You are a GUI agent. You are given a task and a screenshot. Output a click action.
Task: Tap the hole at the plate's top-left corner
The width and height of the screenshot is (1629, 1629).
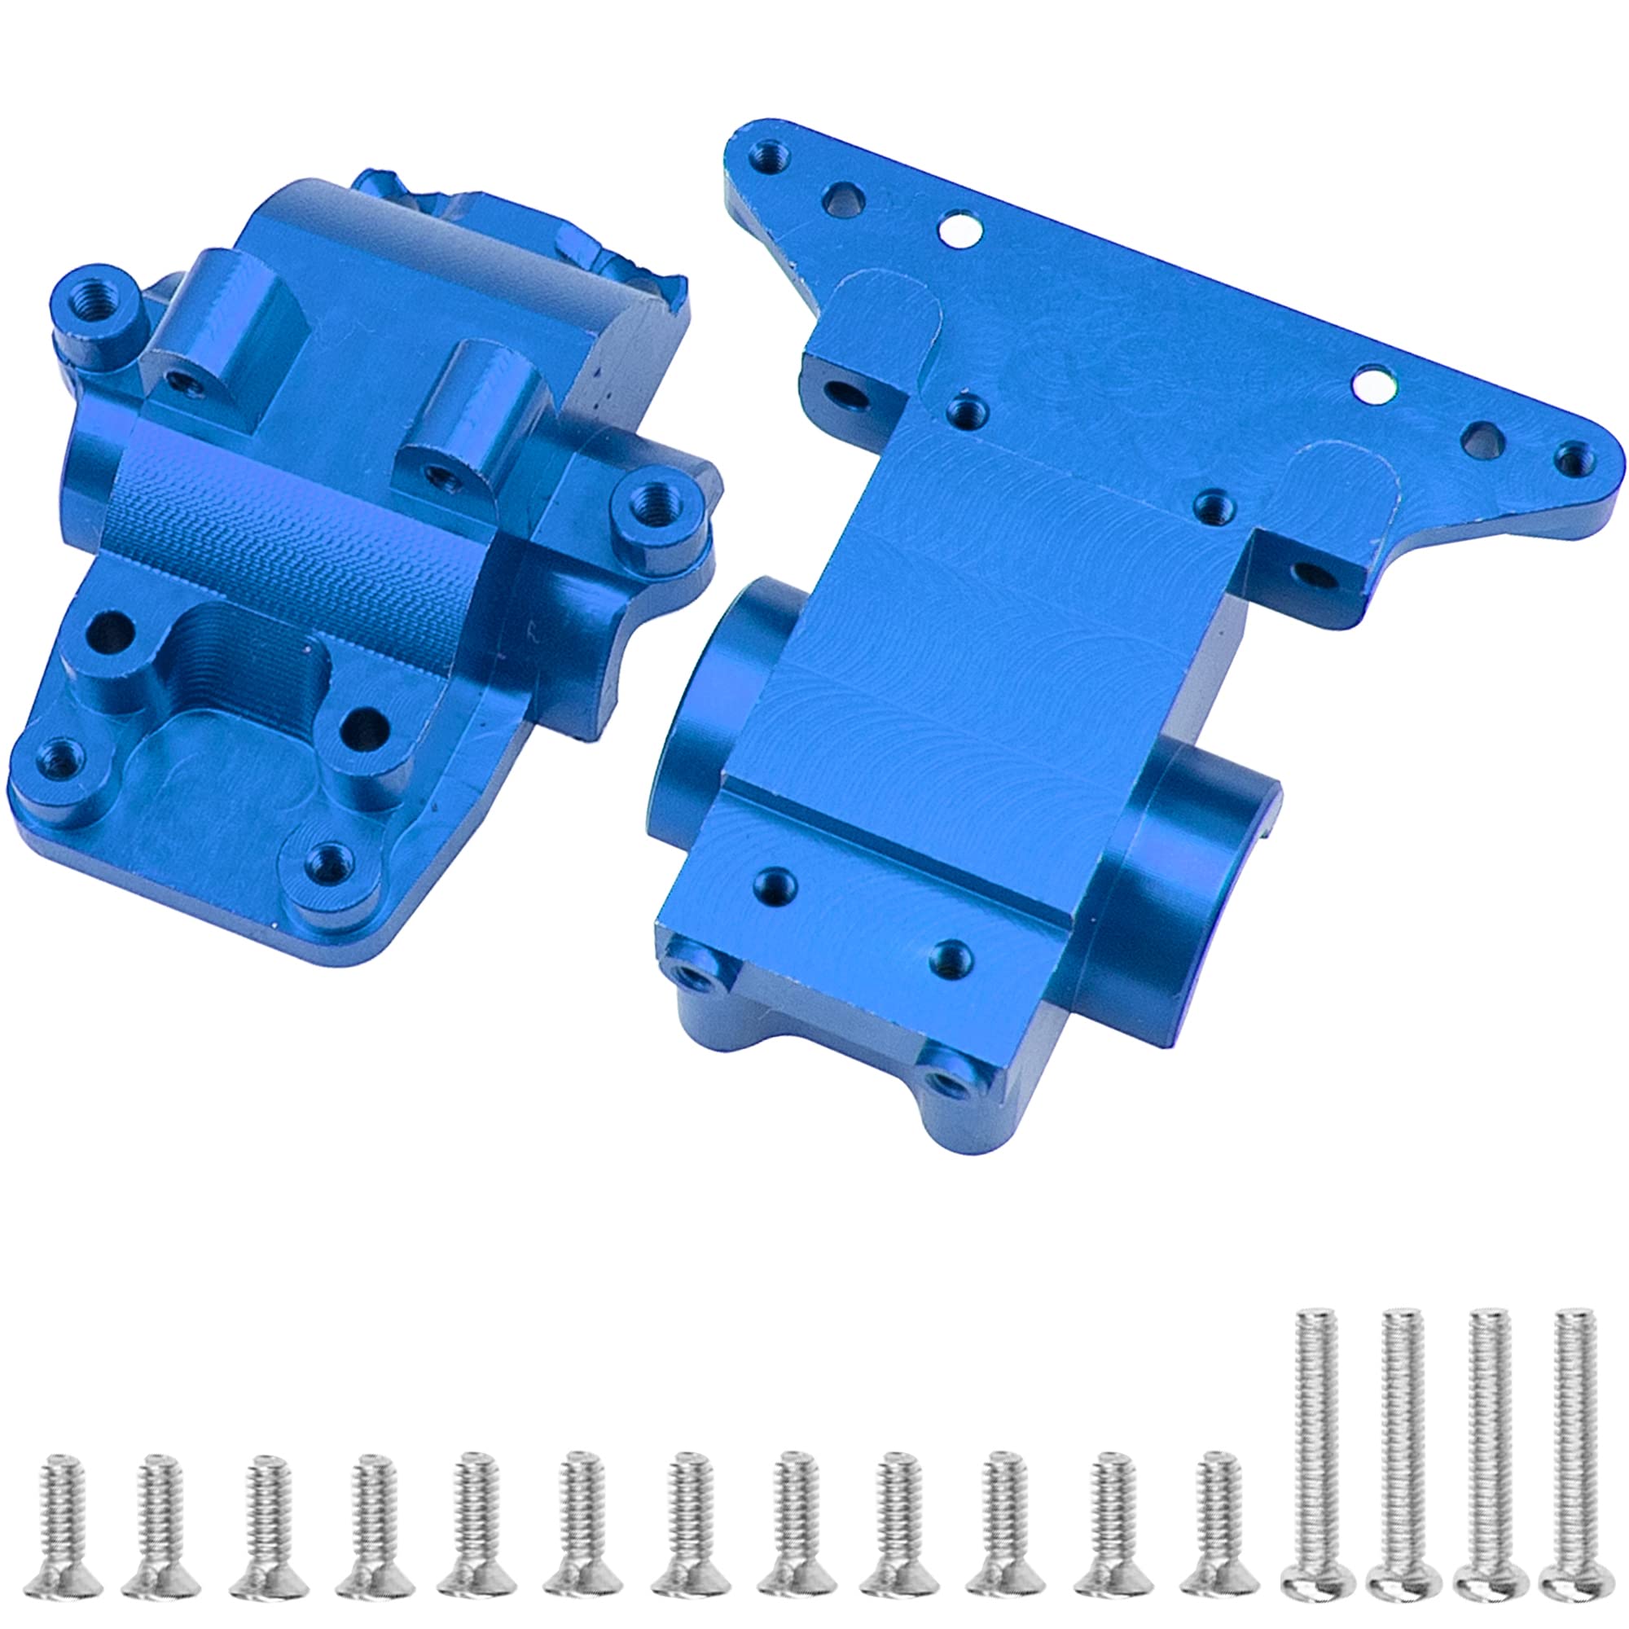(x=766, y=154)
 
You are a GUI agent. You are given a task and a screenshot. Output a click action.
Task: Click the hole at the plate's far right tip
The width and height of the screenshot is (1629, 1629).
(x=1571, y=459)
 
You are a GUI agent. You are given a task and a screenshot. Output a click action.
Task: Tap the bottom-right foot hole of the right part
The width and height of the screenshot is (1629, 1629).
(x=949, y=1081)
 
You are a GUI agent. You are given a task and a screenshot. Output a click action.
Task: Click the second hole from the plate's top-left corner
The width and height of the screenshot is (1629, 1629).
(x=841, y=200)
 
